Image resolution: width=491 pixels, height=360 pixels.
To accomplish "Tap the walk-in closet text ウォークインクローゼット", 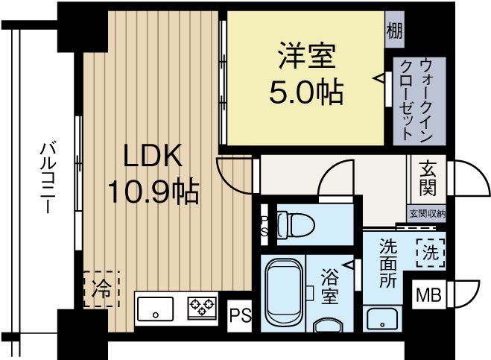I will (408, 100).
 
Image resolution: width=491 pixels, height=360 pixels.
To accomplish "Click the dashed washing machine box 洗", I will (430, 252).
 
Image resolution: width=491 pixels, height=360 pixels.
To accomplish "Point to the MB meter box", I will (428, 294).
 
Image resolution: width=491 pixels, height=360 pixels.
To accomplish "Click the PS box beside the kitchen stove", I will (239, 313).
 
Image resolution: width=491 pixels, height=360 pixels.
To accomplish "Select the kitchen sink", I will (155, 308).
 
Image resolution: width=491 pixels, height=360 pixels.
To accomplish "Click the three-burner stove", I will (201, 307).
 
